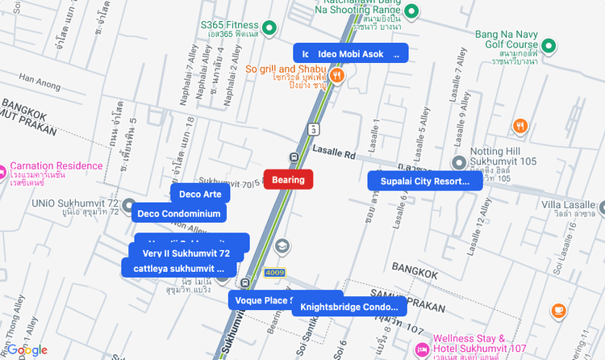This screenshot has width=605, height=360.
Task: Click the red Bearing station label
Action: click(288, 180)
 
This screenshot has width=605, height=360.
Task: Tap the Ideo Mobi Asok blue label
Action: click(350, 53)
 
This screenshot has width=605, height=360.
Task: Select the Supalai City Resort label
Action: click(424, 182)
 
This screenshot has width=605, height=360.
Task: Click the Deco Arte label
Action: click(200, 195)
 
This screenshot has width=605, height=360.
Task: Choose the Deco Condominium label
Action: click(179, 214)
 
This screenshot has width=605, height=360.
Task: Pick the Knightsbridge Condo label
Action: click(349, 307)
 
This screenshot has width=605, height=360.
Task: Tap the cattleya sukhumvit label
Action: click(179, 268)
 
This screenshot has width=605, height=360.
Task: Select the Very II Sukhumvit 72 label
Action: click(186, 253)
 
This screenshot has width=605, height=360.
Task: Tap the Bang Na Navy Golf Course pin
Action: click(549, 45)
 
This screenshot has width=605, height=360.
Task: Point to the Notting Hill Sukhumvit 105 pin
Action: click(459, 161)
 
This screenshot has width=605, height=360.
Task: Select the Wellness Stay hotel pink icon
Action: click(421, 350)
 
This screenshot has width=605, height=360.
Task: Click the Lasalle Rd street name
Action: click(333, 152)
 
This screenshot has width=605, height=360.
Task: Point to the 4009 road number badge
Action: click(275, 273)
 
